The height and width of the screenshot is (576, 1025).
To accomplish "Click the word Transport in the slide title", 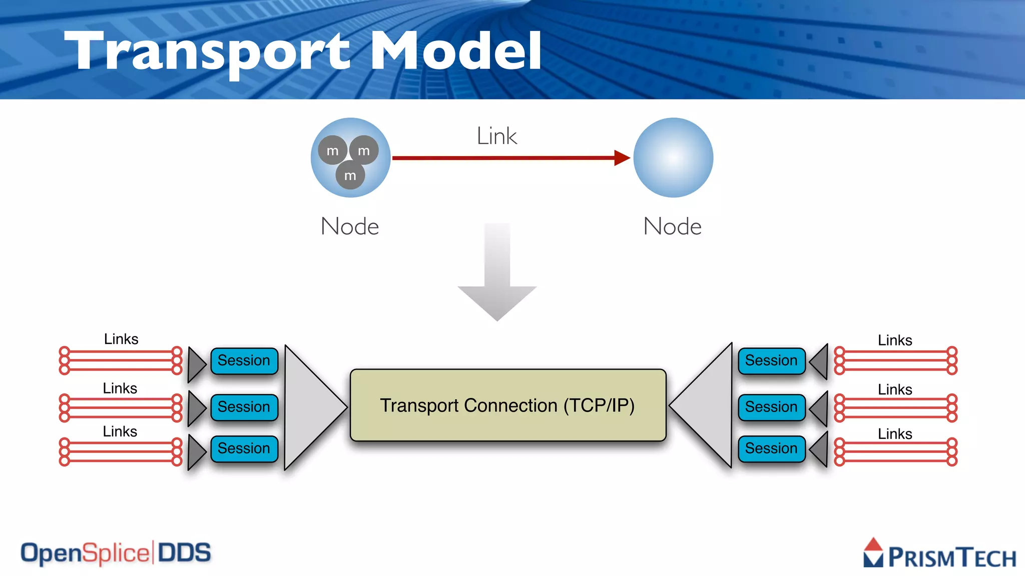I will [208, 51].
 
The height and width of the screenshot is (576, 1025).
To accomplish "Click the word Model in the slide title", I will [455, 51].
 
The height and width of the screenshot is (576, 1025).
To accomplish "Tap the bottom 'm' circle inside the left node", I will [350, 175].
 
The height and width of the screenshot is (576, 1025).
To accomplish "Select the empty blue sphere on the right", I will [673, 157].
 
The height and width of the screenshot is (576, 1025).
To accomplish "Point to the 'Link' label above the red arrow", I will [496, 136].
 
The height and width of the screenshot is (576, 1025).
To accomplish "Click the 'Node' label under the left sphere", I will [350, 226].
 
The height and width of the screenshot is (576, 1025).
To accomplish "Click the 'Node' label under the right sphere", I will [672, 226].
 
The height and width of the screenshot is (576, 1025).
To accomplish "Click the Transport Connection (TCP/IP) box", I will [507, 405].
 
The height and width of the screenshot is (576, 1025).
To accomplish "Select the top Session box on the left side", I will [244, 360].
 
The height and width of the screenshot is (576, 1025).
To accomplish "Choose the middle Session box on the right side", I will [771, 406].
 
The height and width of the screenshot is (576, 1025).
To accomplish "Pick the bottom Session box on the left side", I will [244, 448].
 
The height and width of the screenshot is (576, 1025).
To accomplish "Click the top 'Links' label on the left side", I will [121, 339].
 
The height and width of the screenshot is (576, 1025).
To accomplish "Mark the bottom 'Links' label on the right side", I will [895, 433].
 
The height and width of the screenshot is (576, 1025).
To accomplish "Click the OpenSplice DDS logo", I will [116, 553].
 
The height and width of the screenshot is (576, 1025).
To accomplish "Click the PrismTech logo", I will [940, 554].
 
